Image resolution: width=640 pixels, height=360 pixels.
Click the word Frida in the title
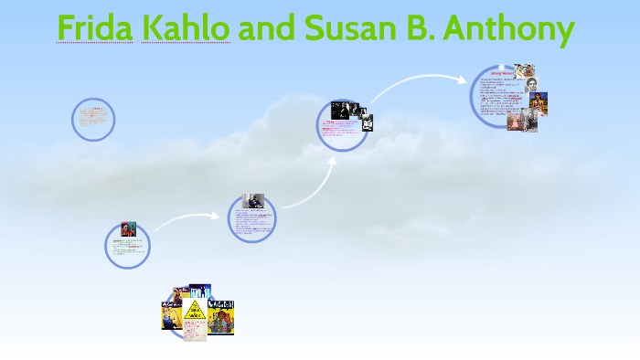[x=96, y=29]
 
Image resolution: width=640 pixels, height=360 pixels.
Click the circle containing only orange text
[x=93, y=119]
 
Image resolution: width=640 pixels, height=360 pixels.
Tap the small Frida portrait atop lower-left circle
[x=127, y=228]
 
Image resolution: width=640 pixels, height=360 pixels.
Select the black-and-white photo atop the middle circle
[x=253, y=201]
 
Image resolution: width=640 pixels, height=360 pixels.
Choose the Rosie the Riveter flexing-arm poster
[x=172, y=313]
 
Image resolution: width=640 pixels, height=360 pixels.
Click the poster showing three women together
[x=221, y=316]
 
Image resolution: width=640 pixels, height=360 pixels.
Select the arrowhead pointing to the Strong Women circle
[x=463, y=79]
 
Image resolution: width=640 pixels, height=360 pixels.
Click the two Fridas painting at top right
[x=524, y=72]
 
